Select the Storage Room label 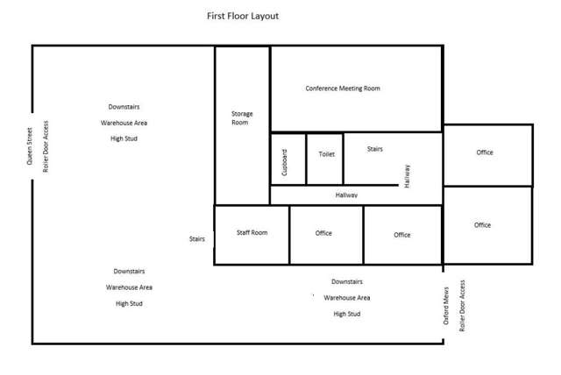pos(241,118)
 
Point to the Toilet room pos(326,154)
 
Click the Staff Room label pos(252,232)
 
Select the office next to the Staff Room pos(323,233)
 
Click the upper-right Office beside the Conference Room pos(485,152)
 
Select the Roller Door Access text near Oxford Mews pos(463,305)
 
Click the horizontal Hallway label pos(346,195)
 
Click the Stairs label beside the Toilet pos(374,149)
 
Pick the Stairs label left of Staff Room pos(197,237)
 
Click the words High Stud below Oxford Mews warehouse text pos(347,313)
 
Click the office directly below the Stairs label pos(401,235)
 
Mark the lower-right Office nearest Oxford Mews pos(482,225)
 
